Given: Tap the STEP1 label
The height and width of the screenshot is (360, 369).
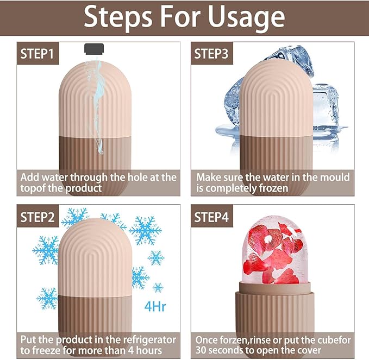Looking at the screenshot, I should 37,54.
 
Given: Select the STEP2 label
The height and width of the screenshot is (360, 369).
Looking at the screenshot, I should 37,217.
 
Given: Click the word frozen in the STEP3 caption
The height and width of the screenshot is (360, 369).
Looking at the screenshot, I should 298,188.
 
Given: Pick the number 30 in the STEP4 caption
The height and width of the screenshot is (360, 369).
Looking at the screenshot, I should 204,351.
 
